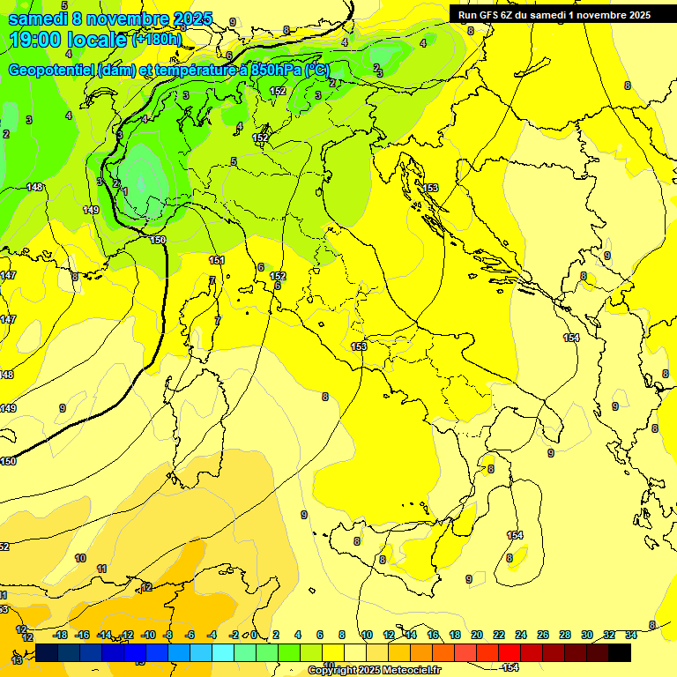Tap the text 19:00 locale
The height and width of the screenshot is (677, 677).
[x=69, y=39]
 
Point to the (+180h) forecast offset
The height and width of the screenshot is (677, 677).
[x=157, y=40]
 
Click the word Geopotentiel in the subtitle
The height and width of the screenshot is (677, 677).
[x=52, y=70]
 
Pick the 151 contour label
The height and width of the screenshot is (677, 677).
[x=217, y=260]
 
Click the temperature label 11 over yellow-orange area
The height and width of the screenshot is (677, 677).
[x=100, y=569]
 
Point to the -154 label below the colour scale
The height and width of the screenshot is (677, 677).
[x=509, y=667]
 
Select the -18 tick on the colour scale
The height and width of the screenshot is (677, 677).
[x=60, y=635]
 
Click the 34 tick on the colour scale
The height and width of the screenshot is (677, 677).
[x=631, y=635]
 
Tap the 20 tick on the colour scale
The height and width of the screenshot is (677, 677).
[x=477, y=635]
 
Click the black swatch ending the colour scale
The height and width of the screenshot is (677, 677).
[x=620, y=652]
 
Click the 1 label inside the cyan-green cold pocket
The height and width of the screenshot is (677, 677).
[x=125, y=190]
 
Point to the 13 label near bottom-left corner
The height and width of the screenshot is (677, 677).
[x=17, y=659]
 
